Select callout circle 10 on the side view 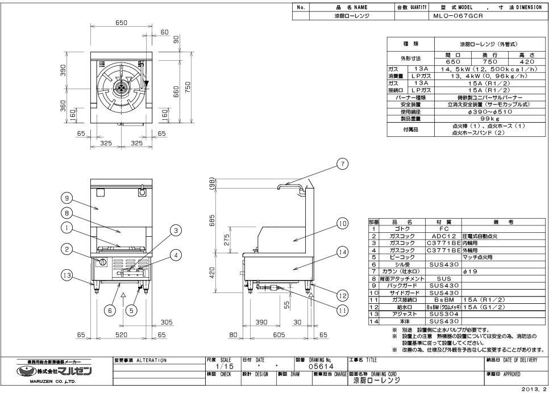[x=342, y=224]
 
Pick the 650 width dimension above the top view [x=120, y=23]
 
